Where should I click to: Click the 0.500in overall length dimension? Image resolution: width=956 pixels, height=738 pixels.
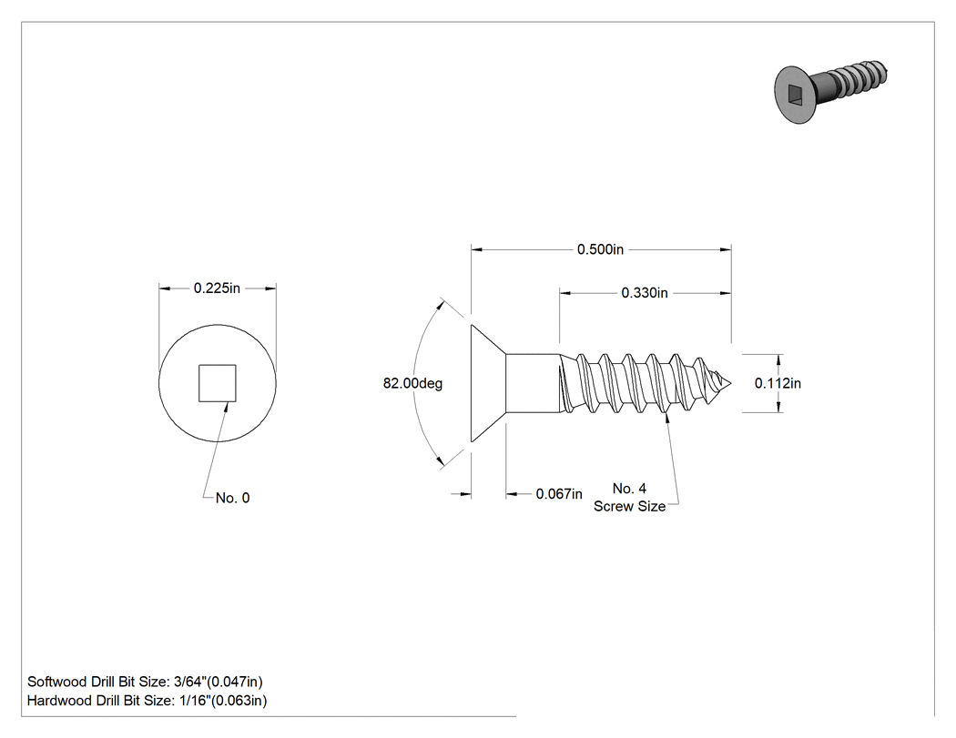(x=601, y=249)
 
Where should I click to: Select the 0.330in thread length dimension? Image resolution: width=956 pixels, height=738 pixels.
(x=645, y=293)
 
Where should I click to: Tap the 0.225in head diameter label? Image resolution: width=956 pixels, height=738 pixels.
(x=217, y=288)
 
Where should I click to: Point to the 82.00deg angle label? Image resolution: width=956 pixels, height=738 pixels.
(x=412, y=383)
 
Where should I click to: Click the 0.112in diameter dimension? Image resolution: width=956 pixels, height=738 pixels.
(x=778, y=383)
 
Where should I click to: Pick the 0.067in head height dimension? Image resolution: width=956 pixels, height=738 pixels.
(x=559, y=493)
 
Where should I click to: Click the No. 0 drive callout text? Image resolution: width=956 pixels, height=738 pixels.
(x=233, y=498)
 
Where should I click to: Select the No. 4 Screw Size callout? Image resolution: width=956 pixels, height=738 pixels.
(x=630, y=497)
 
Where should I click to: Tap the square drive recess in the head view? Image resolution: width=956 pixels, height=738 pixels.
(x=217, y=383)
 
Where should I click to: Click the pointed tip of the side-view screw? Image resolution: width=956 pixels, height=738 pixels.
(x=731, y=383)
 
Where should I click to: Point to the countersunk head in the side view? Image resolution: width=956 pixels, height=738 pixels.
(x=488, y=383)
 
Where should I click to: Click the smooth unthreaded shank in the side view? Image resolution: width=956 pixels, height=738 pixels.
(x=533, y=383)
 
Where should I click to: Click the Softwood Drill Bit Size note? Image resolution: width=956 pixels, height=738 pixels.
(x=145, y=682)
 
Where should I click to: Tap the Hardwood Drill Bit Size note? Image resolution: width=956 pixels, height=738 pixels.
(x=147, y=701)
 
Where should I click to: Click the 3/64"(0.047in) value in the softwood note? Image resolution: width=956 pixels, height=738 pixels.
(x=219, y=682)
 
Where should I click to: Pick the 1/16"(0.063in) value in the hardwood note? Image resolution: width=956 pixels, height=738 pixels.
(x=222, y=701)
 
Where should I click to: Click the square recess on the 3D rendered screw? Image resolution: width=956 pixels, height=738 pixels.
(x=797, y=95)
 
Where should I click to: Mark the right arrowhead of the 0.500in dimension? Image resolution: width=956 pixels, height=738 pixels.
(x=726, y=249)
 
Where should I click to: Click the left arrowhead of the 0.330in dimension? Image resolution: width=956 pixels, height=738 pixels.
(x=565, y=293)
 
